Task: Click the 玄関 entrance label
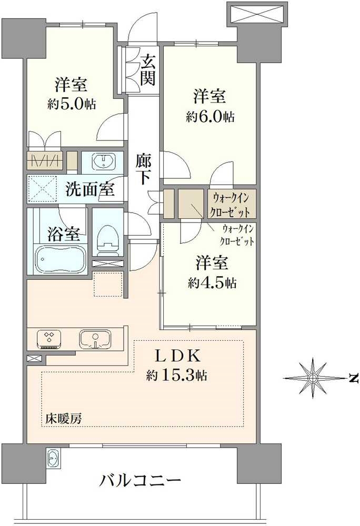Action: tap(147, 70)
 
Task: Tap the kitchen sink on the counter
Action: tap(95, 339)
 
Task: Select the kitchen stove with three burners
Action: tap(49, 339)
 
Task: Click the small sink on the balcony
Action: tap(53, 458)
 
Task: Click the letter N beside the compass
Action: tap(353, 378)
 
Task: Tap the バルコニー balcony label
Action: tap(140, 481)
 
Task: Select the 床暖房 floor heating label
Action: tap(64, 418)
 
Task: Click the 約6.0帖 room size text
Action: tap(211, 117)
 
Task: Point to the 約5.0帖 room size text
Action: tap(72, 104)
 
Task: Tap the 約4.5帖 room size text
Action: tap(212, 284)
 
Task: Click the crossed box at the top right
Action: tap(257, 13)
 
